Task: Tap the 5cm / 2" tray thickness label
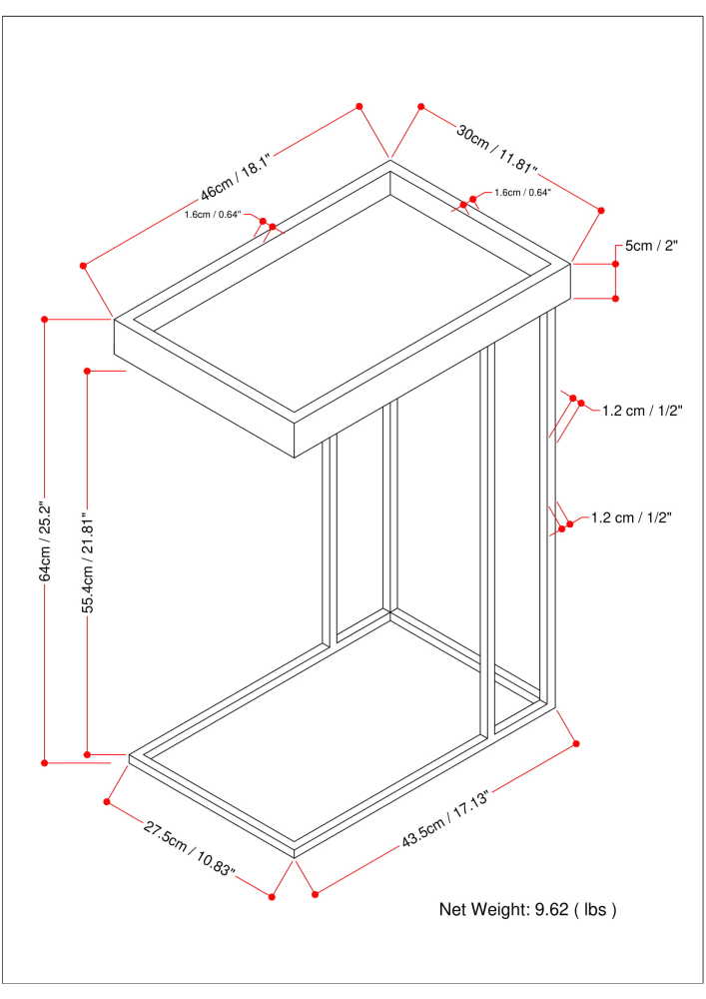coord(651,247)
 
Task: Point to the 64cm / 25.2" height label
coord(45,541)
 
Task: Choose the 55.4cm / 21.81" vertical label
coord(88,563)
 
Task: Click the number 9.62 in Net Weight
coord(553,910)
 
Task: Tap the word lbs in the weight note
coord(595,910)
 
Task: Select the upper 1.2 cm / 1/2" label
coord(642,410)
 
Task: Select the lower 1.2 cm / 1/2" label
coord(631,517)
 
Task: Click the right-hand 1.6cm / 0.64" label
coord(522,193)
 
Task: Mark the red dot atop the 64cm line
coord(45,319)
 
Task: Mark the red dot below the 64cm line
coord(45,763)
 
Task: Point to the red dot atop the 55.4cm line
coord(88,371)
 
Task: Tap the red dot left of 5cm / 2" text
coord(616,264)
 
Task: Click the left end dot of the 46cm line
coord(84,266)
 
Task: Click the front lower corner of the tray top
coord(295,458)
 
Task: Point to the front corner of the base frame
coord(295,855)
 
